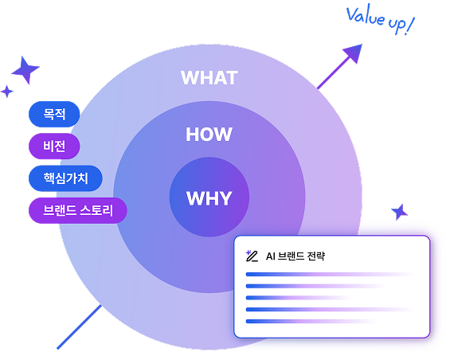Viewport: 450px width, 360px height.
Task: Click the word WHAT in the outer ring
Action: click(x=209, y=77)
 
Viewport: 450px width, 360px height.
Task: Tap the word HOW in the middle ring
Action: click(x=209, y=135)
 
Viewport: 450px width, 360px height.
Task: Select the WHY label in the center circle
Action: click(x=209, y=198)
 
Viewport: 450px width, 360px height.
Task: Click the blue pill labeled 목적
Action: click(x=54, y=115)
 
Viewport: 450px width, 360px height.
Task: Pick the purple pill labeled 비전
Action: click(x=54, y=146)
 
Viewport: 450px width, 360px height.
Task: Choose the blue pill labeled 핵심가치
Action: click(x=65, y=177)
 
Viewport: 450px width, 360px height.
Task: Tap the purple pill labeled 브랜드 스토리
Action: click(x=77, y=211)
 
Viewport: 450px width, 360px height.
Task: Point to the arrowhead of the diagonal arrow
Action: click(x=350, y=54)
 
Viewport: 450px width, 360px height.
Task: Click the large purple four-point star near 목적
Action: click(x=25, y=70)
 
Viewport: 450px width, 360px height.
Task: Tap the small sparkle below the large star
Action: click(x=7, y=91)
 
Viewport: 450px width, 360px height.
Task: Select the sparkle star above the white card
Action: click(x=400, y=212)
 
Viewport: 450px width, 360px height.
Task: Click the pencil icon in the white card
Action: click(x=252, y=256)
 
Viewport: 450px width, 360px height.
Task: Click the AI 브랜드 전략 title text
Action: click(x=295, y=256)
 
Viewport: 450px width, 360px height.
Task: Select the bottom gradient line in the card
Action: click(x=311, y=321)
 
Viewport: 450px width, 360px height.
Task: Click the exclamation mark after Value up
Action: click(x=409, y=26)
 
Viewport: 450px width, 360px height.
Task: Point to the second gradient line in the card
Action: click(x=315, y=286)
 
